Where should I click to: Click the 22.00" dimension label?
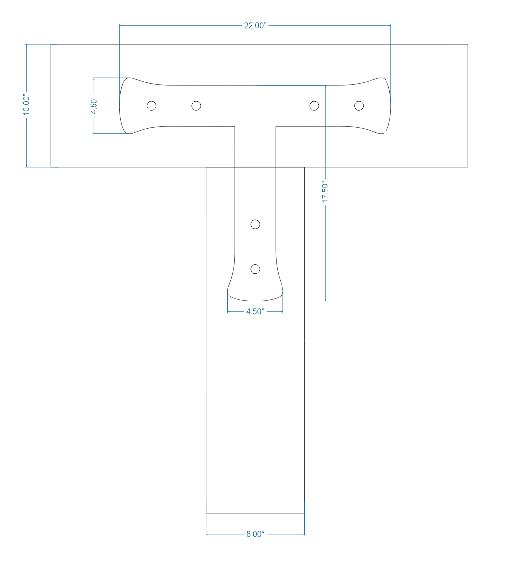point(255,26)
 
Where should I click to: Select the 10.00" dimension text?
point(26,105)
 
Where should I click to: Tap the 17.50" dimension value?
point(326,193)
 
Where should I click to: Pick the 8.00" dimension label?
point(255,534)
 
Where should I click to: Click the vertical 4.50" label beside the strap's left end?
point(94,105)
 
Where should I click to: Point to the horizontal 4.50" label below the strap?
point(255,312)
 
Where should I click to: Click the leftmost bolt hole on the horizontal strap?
point(151,105)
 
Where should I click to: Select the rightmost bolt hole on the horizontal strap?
point(359,105)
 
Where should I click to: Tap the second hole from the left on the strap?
point(196,105)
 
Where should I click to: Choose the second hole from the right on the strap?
point(314,105)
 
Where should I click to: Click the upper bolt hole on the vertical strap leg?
point(255,224)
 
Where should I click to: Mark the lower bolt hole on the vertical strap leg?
point(255,269)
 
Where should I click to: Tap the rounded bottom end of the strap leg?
point(255,298)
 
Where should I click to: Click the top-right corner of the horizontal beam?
point(468,44)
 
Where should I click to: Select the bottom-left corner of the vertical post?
point(206,513)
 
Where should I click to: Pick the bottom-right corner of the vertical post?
point(304,513)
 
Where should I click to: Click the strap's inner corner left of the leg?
point(235,126)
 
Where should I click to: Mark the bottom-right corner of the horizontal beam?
point(468,167)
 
